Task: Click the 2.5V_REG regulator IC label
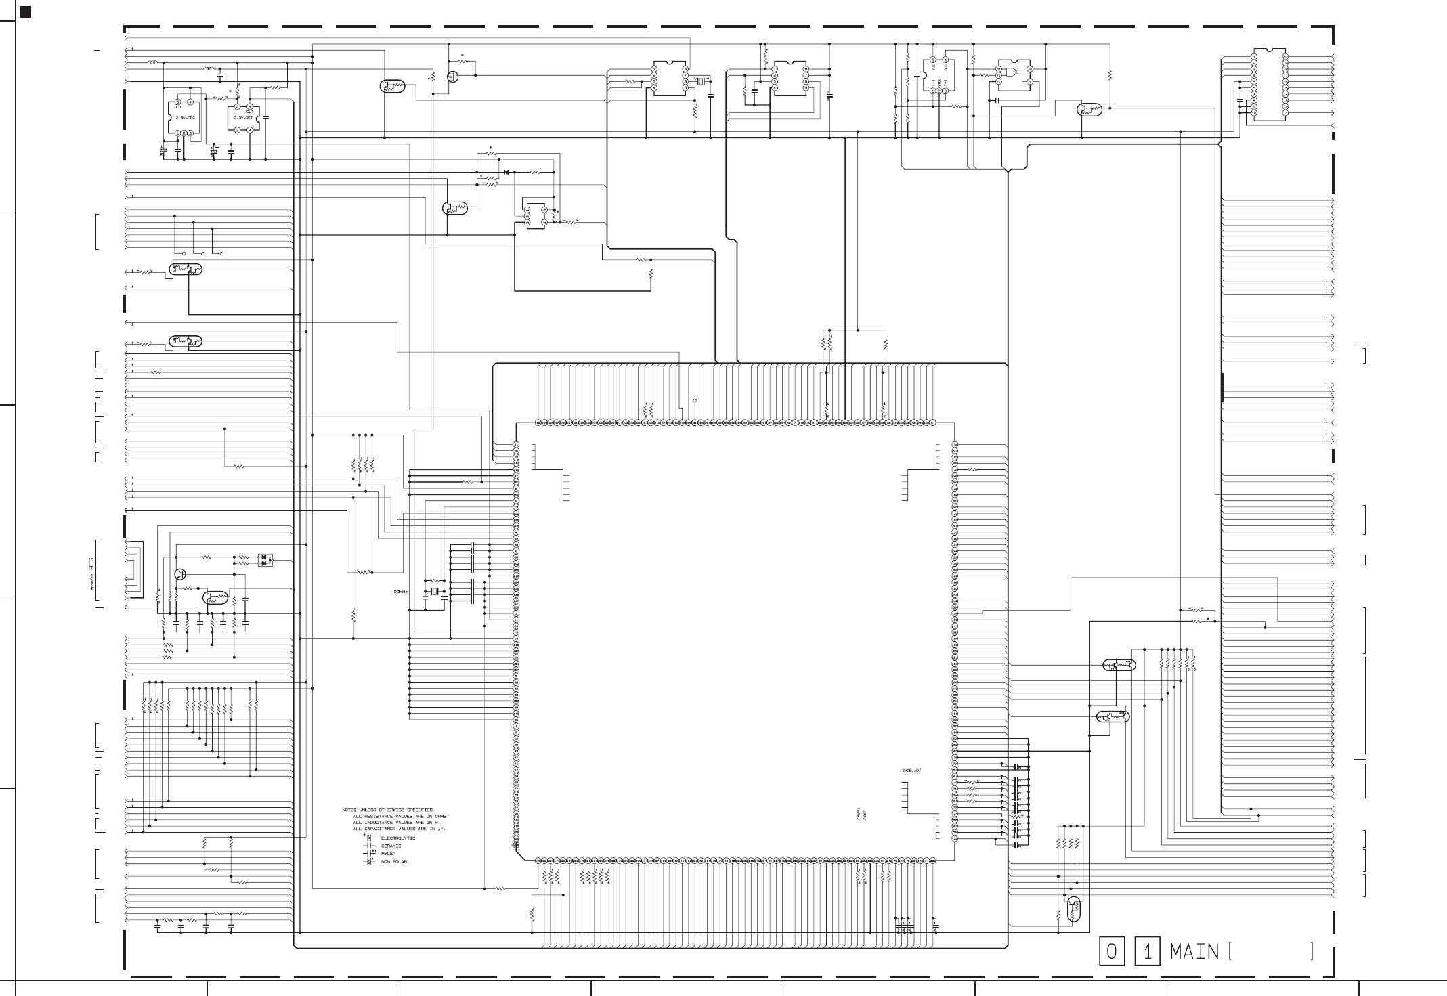click(x=185, y=118)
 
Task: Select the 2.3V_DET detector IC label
click(x=243, y=118)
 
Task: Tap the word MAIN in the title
click(x=1194, y=952)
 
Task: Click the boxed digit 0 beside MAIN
click(x=1112, y=952)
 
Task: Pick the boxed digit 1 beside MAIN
click(x=1147, y=952)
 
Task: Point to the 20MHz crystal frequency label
click(x=400, y=592)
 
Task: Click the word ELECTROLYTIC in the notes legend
click(x=398, y=838)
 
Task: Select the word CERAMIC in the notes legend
click(x=391, y=846)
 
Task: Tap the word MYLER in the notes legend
click(x=389, y=854)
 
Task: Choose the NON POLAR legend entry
click(x=394, y=862)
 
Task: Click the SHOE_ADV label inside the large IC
click(x=912, y=771)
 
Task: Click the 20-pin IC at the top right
click(x=1270, y=84)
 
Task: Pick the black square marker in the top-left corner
click(x=26, y=12)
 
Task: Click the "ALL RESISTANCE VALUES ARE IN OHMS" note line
click(x=401, y=817)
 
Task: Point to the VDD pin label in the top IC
click(x=933, y=68)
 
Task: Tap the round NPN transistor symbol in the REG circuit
click(x=180, y=574)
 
